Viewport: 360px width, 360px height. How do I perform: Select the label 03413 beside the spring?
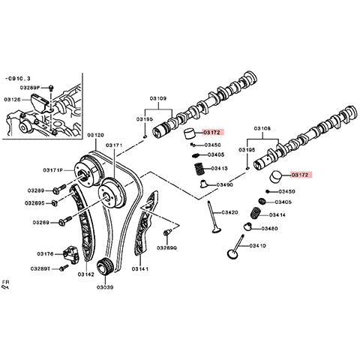220,168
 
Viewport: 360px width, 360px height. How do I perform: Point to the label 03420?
229,212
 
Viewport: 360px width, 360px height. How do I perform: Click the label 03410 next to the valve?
257,245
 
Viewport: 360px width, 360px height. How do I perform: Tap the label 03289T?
41,268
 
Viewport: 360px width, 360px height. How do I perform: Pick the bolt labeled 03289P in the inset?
50,89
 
